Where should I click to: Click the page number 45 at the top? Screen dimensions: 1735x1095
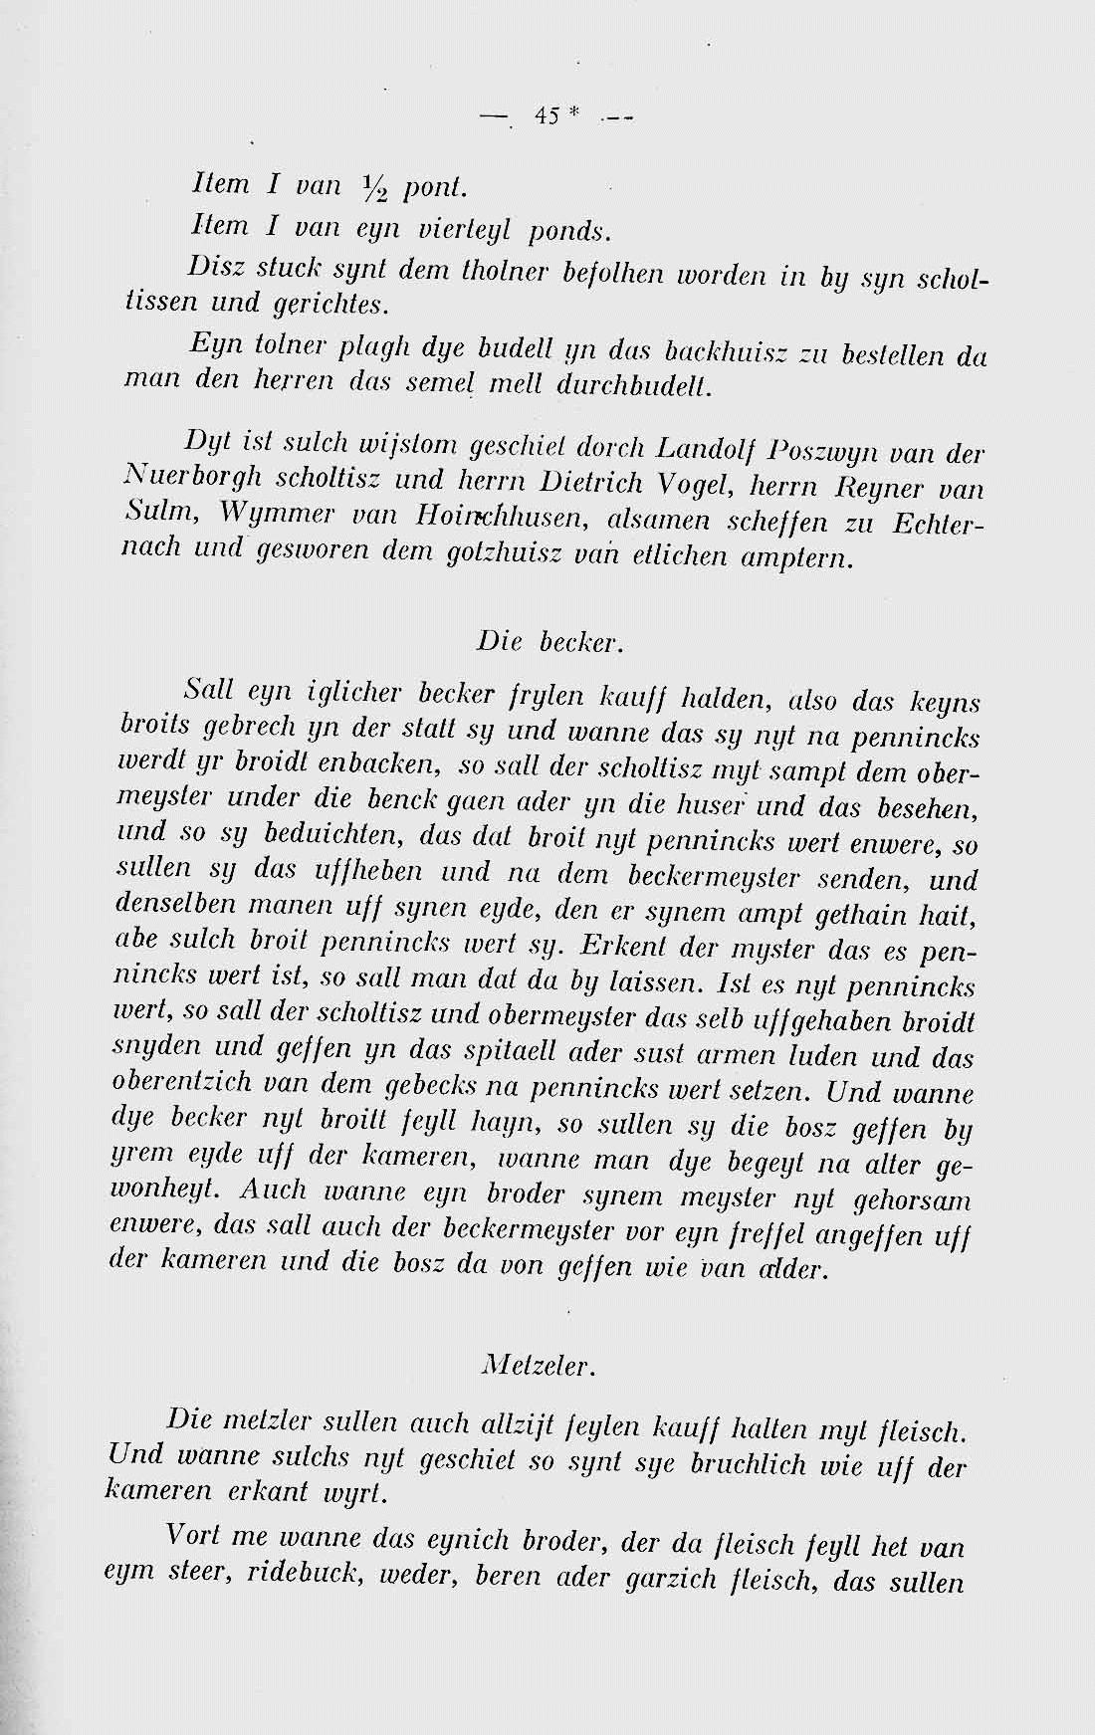547,116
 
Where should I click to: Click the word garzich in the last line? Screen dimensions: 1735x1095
663,1581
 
